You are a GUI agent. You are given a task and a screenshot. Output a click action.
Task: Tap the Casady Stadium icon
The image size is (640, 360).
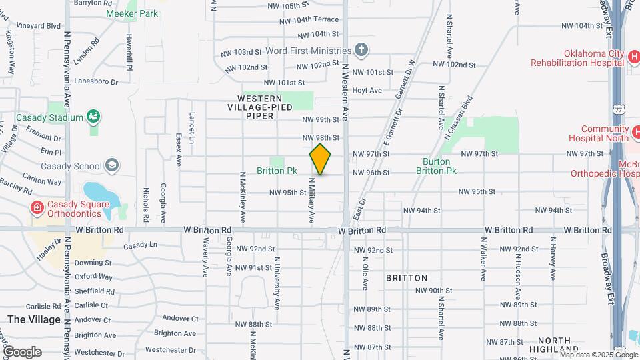[x=93, y=117]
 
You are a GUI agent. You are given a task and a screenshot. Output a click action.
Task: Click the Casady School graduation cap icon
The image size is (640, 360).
[x=112, y=166]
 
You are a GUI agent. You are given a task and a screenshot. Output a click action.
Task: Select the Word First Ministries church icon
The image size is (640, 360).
[x=361, y=50]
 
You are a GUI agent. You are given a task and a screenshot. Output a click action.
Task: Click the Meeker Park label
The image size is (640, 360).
[x=132, y=13]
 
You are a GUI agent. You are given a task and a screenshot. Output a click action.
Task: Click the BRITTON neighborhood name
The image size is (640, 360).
[x=406, y=277]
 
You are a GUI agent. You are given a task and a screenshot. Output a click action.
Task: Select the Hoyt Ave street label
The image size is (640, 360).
[x=367, y=90]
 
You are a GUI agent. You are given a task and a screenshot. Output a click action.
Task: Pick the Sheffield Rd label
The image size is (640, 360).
[x=94, y=291]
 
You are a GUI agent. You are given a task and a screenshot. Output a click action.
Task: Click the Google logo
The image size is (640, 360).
[x=21, y=352]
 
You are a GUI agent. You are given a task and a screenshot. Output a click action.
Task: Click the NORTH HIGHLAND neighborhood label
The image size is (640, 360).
[x=555, y=344]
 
